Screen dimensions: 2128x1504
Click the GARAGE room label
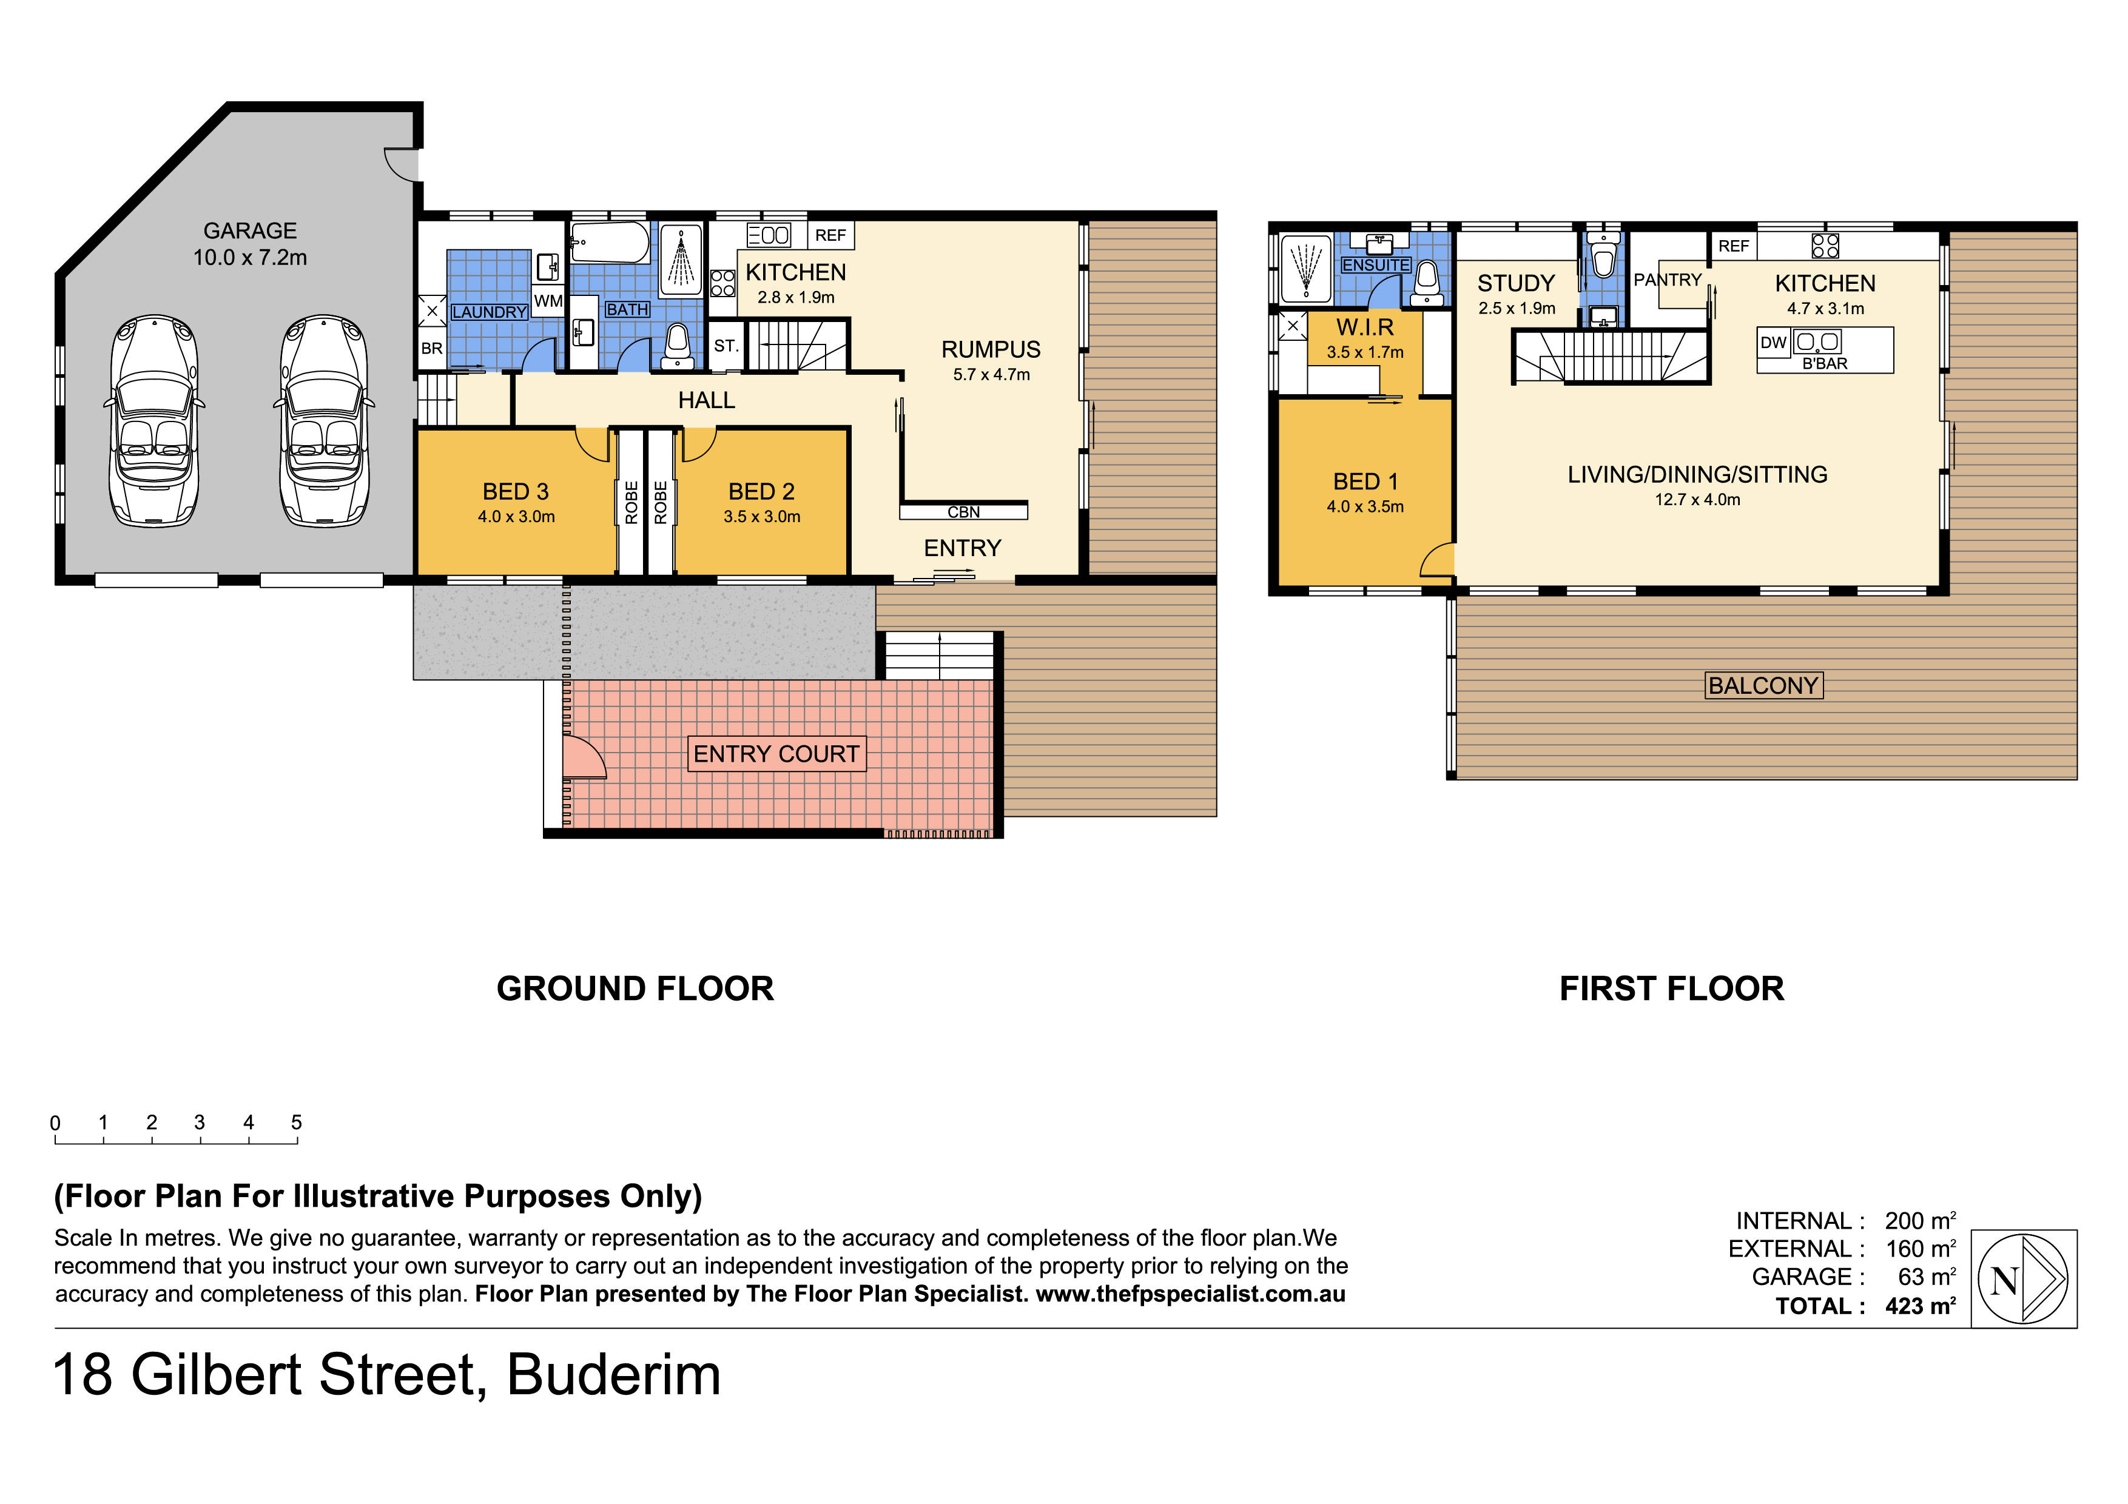[251, 230]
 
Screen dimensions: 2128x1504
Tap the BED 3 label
[515, 491]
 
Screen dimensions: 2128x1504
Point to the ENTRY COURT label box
[776, 753]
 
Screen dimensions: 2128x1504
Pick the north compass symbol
[2023, 1279]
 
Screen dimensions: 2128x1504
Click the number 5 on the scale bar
[297, 1122]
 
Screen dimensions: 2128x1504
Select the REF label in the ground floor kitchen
[830, 235]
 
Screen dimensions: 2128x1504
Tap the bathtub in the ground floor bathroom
[610, 243]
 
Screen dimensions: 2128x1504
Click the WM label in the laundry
[548, 301]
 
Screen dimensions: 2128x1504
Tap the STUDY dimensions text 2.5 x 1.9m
[1517, 309]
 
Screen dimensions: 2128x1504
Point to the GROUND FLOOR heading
[635, 989]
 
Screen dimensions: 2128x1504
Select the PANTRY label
[1668, 280]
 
